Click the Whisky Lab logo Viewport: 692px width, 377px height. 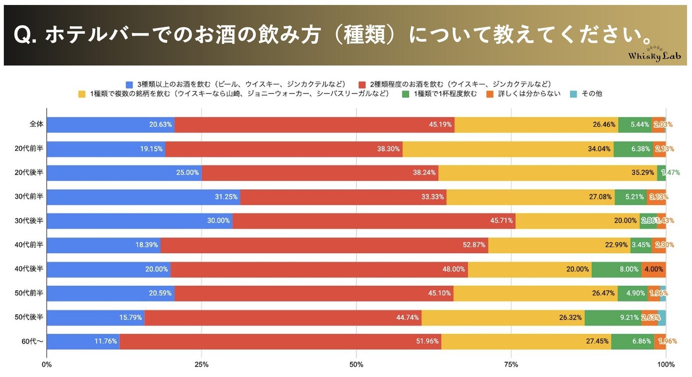pyautogui.click(x=654, y=55)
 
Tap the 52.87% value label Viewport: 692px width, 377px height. pyautogui.click(x=474, y=245)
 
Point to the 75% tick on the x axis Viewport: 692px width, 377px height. pyautogui.click(x=511, y=364)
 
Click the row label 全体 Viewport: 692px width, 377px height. pyautogui.click(x=36, y=124)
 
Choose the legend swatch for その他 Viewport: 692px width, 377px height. pyautogui.click(x=573, y=94)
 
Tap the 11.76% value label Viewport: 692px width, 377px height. pyautogui.click(x=106, y=341)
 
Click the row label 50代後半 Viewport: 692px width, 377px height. pyautogui.click(x=29, y=317)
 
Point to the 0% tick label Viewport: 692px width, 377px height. pyautogui.click(x=47, y=364)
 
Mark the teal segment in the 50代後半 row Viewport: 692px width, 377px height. pyautogui.click(x=662, y=318)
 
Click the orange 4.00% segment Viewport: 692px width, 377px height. pyautogui.click(x=654, y=269)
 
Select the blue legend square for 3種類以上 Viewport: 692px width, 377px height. pyautogui.click(x=129, y=85)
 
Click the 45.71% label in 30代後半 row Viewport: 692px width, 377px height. pyautogui.click(x=501, y=221)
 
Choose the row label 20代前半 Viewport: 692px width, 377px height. pyautogui.click(x=29, y=149)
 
